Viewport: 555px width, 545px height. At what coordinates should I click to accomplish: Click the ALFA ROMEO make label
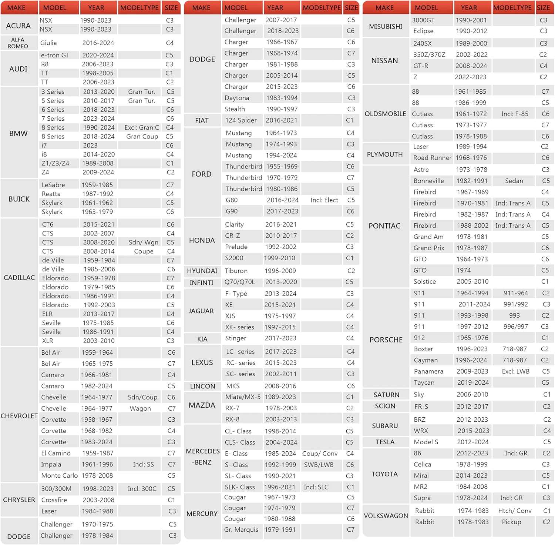point(18,43)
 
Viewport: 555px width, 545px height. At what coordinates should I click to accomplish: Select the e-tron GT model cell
point(55,55)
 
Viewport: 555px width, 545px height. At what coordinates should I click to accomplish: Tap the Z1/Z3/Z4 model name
point(55,163)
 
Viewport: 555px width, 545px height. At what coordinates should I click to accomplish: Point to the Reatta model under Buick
point(51,194)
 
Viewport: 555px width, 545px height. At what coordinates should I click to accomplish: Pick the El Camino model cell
point(56,453)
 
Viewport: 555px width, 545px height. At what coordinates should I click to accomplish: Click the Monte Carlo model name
point(60,475)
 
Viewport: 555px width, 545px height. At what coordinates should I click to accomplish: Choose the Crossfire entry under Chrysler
point(54,500)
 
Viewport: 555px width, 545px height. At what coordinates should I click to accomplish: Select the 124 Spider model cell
point(241,120)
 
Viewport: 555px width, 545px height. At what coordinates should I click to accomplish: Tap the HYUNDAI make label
point(202,271)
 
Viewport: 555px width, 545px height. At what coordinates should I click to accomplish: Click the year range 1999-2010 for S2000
point(279,258)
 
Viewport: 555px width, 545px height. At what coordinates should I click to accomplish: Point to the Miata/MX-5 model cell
point(243,397)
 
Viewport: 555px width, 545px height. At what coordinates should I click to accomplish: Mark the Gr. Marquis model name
point(241,529)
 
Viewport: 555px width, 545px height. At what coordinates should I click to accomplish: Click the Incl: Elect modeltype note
point(324,200)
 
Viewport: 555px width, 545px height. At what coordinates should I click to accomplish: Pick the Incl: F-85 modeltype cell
point(515,114)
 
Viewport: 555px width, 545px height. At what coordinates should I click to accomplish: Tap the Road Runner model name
point(432,158)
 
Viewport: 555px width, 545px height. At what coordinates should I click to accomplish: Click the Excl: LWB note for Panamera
point(515,371)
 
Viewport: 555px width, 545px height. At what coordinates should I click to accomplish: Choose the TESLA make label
point(385,442)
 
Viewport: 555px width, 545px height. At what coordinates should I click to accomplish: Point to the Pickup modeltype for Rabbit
point(511,522)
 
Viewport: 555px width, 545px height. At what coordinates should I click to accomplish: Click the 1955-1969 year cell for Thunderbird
point(282,167)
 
